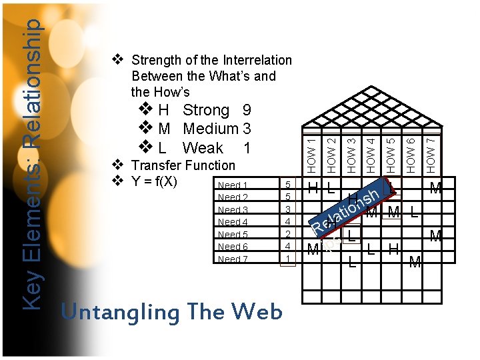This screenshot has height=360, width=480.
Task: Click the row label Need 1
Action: [x=233, y=185]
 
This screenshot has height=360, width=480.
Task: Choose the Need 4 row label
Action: [x=233, y=222]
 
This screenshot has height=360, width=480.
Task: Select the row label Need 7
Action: [x=233, y=259]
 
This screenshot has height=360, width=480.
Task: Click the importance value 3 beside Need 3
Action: [x=287, y=210]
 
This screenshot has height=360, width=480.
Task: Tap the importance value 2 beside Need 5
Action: [x=287, y=235]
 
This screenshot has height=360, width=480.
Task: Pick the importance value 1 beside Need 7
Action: [x=287, y=259]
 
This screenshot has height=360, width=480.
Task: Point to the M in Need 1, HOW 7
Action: [x=435, y=189]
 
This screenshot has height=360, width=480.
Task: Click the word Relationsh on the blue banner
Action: [x=347, y=211]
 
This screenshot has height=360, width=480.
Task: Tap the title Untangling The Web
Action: [x=171, y=312]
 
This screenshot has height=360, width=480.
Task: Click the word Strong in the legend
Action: [x=206, y=110]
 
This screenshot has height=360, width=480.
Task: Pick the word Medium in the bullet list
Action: [x=210, y=129]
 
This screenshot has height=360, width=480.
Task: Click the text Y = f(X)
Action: [x=160, y=181]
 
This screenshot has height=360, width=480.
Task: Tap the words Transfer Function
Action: [x=183, y=165]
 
